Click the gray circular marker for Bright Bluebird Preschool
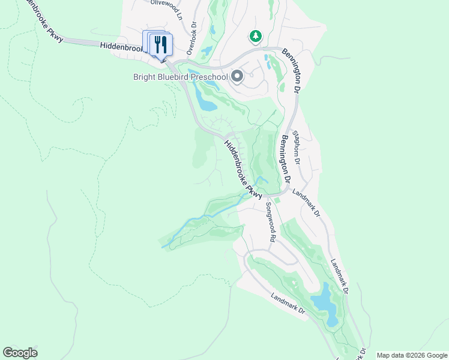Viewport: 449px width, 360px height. (237, 76)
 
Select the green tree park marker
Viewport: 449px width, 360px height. (256, 37)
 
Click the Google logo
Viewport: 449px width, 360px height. (20, 353)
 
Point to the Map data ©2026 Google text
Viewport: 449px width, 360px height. (411, 355)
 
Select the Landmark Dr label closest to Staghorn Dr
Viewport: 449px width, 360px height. (306, 203)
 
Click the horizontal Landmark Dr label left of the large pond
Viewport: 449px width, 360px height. (288, 304)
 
